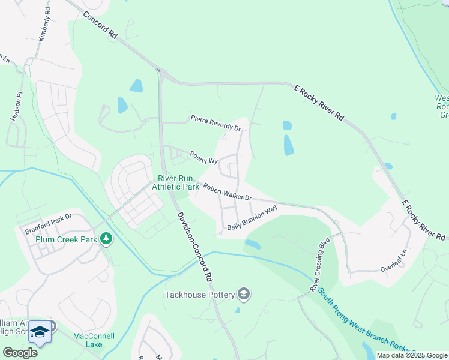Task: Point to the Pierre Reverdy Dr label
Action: tap(215, 123)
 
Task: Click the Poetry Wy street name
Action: tap(203, 157)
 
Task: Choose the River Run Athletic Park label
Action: tap(175, 182)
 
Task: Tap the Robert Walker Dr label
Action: tap(226, 193)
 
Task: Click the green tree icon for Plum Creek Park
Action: tap(106, 239)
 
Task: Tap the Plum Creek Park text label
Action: tap(66, 239)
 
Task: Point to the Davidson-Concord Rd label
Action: tap(194, 247)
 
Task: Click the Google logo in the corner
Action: tap(20, 353)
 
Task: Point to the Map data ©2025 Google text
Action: tap(411, 355)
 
